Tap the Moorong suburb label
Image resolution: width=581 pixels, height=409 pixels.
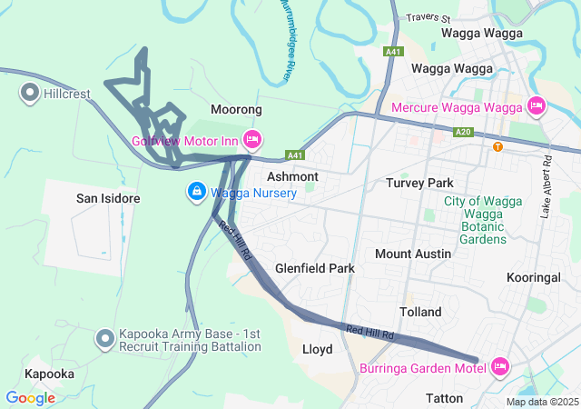pyautogui.click(x=236, y=109)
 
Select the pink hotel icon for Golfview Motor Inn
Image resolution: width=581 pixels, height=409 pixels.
pyautogui.click(x=252, y=140)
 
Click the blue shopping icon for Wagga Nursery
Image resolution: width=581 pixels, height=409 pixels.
pyautogui.click(x=195, y=192)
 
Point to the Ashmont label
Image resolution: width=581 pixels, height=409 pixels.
pyautogui.click(x=292, y=176)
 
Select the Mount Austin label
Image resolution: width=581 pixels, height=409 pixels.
pyautogui.click(x=413, y=254)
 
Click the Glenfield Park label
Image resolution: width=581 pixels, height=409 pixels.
pyautogui.click(x=315, y=269)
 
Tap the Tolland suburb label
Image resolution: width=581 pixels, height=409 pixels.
pyautogui.click(x=420, y=312)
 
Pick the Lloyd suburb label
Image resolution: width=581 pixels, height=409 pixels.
pyautogui.click(x=317, y=349)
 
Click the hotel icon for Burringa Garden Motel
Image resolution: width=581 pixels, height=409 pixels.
pyautogui.click(x=500, y=367)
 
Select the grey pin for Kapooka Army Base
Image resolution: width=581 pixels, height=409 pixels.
pyautogui.click(x=105, y=340)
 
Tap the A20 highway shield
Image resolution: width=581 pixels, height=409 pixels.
pyautogui.click(x=464, y=132)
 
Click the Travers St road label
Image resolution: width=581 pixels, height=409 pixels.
pyautogui.click(x=428, y=17)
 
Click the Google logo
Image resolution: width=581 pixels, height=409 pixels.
pyautogui.click(x=30, y=398)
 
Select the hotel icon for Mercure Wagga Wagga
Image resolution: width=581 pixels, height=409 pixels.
pyautogui.click(x=536, y=106)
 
